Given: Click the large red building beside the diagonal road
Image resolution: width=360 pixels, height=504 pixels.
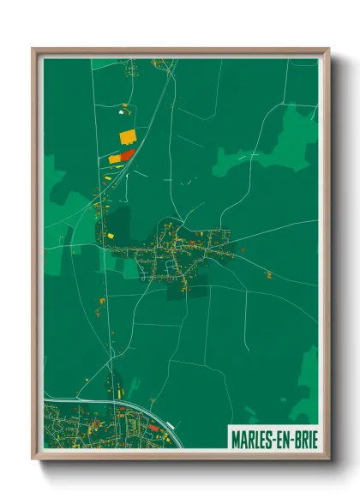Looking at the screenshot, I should click(128, 154).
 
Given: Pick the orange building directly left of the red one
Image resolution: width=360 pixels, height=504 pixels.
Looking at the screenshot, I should click(114, 159).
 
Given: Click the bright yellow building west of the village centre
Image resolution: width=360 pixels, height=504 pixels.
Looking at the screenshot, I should click(111, 234).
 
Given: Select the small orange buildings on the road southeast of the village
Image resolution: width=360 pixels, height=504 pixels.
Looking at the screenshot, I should click(268, 276).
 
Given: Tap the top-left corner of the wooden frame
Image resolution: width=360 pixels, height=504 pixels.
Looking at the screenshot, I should click(33, 49).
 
